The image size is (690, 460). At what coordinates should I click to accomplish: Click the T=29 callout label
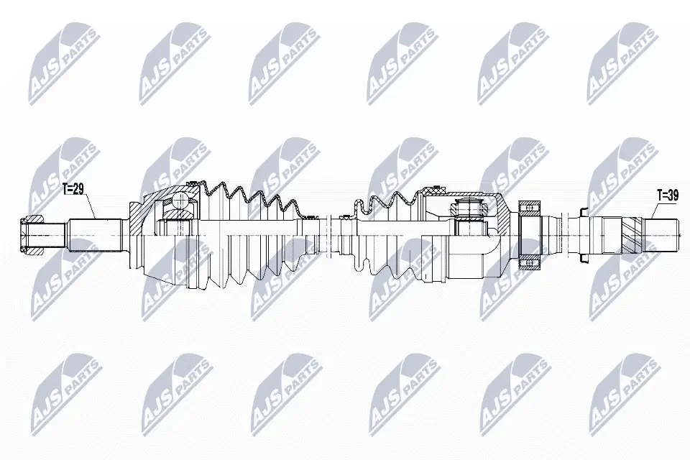pos(73,190)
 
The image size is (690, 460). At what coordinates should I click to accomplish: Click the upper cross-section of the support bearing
pos(530,208)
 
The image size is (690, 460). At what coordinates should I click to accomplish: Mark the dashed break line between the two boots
pos(327,234)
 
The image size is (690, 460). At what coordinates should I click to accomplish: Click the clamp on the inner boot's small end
pos(345,216)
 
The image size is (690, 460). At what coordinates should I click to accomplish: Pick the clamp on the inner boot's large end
pos(432,190)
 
